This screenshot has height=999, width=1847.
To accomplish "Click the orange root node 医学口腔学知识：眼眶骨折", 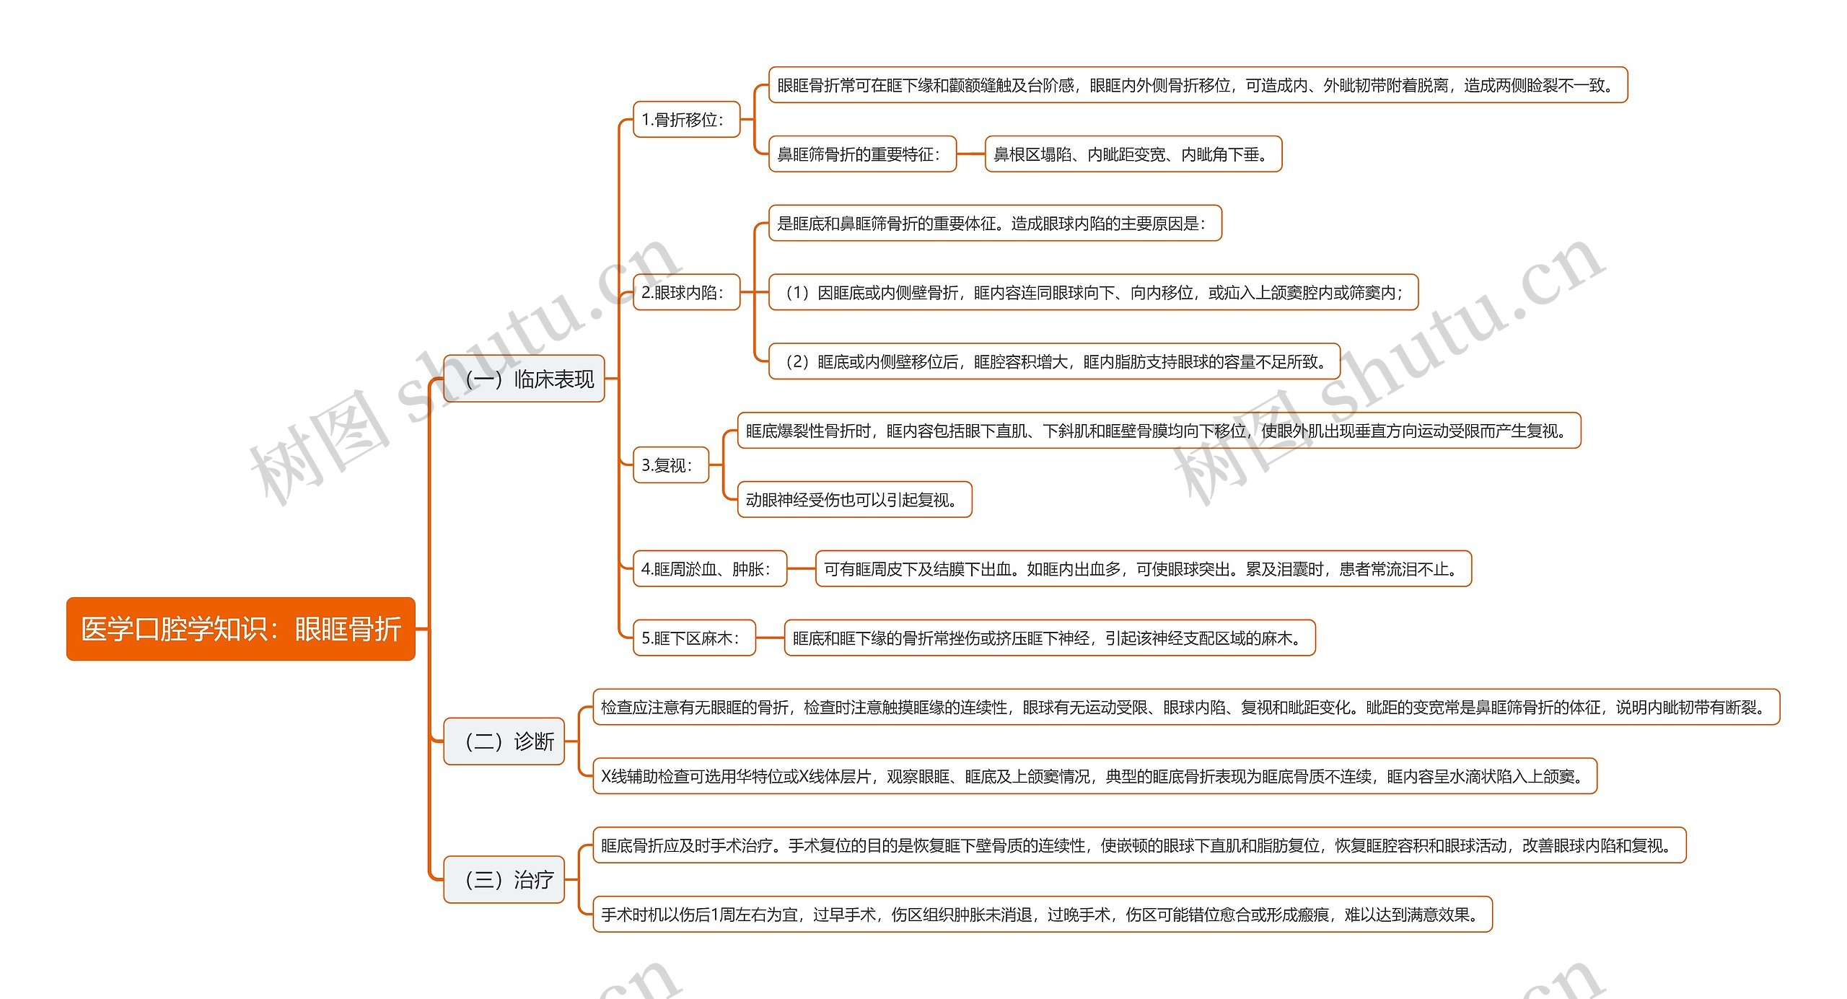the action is click(240, 629).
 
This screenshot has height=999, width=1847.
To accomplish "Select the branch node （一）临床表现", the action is click(523, 379).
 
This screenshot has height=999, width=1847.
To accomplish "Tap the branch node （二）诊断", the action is click(504, 741).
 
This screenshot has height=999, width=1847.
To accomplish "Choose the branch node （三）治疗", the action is click(504, 880).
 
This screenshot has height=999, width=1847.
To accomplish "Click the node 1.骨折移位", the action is click(686, 120).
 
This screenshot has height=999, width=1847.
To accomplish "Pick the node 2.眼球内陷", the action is click(686, 293).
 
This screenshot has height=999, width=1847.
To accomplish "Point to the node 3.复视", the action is click(670, 465).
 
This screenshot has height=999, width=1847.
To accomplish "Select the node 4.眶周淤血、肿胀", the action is click(709, 569).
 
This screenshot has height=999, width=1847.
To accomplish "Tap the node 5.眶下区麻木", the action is click(694, 638).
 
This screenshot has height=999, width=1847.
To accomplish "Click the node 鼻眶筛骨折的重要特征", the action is click(862, 154).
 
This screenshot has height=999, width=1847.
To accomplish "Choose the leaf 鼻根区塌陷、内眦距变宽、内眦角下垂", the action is click(1133, 154).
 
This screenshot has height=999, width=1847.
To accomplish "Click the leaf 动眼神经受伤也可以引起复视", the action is click(854, 500).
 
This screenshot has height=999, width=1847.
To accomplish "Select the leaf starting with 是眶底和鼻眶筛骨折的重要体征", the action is click(995, 224).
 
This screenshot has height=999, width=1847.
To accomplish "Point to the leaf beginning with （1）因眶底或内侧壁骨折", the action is click(1093, 293).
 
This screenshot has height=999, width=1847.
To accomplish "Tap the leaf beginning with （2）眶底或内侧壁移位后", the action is click(1054, 362).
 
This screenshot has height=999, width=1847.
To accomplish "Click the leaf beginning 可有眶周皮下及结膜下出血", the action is click(1143, 569).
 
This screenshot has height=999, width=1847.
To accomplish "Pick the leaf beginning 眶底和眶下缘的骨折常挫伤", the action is click(1050, 638).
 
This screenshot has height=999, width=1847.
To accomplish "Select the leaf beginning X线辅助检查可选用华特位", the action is click(1094, 777).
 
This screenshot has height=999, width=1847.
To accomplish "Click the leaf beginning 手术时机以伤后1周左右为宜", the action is click(1042, 915).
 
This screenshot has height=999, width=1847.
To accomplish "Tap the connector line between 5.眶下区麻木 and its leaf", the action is click(770, 638).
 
